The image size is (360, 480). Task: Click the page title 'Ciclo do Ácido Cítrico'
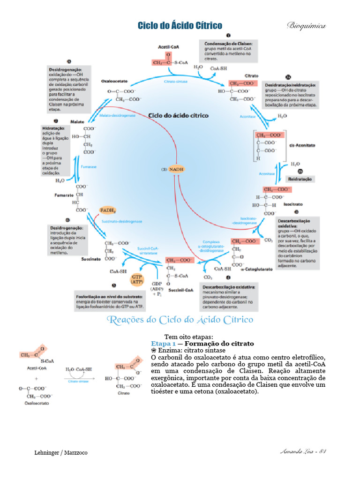(180, 26)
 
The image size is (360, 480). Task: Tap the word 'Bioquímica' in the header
(306, 25)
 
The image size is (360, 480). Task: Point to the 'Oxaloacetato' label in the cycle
(115, 81)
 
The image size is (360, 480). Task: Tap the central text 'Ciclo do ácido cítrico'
(178, 115)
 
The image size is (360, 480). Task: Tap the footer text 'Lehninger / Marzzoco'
(61, 453)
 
